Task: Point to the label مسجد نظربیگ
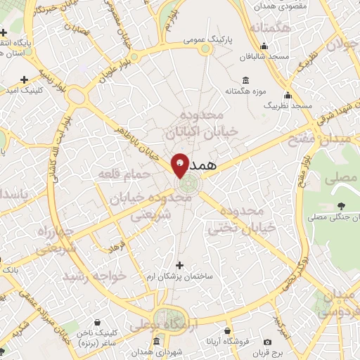[287, 105]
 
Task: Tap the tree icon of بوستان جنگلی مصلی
[341, 205]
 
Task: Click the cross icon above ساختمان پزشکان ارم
[179, 265]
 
